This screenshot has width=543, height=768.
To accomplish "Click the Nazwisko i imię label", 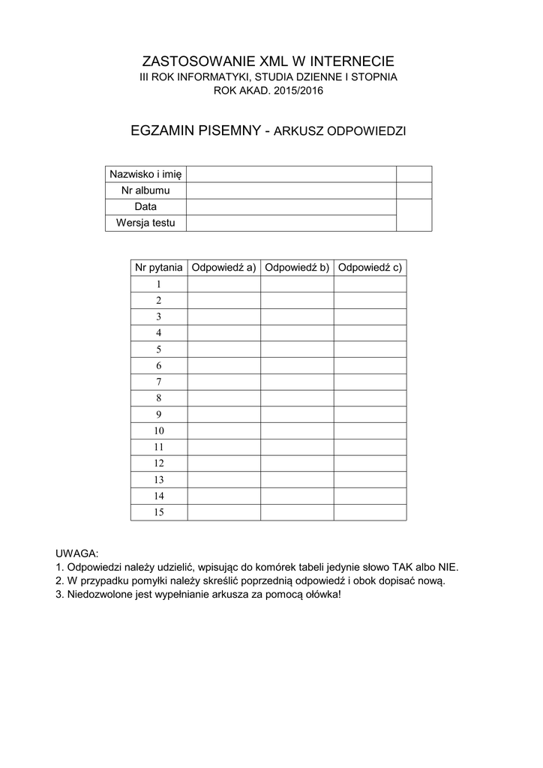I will [145, 175].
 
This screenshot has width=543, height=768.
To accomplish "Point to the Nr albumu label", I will [145, 190].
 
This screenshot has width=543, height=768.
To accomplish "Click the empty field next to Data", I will [290, 206].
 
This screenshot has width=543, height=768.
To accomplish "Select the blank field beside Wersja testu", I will [290, 223].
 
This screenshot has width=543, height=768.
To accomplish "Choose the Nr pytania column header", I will [158, 267].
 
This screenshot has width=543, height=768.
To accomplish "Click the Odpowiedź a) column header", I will [223, 267].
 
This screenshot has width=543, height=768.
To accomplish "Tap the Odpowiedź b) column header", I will [297, 267].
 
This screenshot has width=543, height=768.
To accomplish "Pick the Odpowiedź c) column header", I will [370, 267].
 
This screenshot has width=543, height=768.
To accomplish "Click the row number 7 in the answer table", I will [158, 382].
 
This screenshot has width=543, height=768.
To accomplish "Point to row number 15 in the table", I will [158, 512].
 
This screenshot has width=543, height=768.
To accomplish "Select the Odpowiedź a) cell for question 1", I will [223, 284].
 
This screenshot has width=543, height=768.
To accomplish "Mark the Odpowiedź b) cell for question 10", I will [297, 430].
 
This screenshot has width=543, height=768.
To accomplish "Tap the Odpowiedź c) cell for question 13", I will [370, 479].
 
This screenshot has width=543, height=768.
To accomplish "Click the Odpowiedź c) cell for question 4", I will [370, 333].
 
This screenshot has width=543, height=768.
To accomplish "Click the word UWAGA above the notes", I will [77, 553].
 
